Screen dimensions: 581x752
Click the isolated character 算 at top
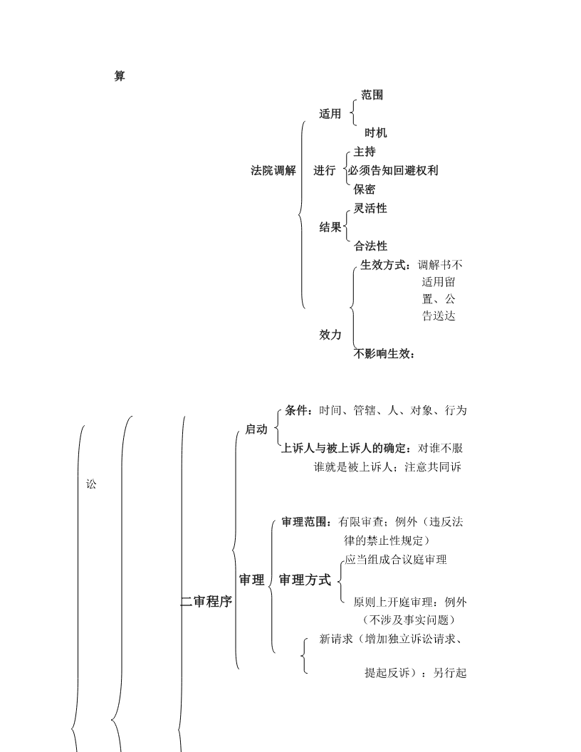tap(120, 75)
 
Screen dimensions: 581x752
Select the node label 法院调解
tap(273, 170)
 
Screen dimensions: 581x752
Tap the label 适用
tap(330, 114)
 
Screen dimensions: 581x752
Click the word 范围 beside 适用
tap(372, 95)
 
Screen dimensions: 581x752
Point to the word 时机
tap(375, 133)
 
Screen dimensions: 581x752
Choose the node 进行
tap(325, 170)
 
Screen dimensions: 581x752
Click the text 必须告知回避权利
tap(393, 170)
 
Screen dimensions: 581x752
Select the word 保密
tap(365, 189)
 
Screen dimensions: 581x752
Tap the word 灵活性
tap(370, 208)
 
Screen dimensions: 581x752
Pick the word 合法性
tap(370, 246)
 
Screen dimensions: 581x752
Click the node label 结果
tap(330, 227)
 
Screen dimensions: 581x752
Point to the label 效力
tap(330, 335)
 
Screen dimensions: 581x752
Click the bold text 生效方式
tap(382, 265)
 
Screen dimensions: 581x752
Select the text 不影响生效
tap(382, 354)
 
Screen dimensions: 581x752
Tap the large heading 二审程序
tap(206, 602)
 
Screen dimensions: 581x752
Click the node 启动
tap(256, 429)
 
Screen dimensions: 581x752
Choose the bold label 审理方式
tap(305, 580)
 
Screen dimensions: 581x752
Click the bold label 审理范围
tap(304, 522)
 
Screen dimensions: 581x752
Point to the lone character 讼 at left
tap(91, 484)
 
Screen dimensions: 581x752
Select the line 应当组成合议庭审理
tap(395, 560)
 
